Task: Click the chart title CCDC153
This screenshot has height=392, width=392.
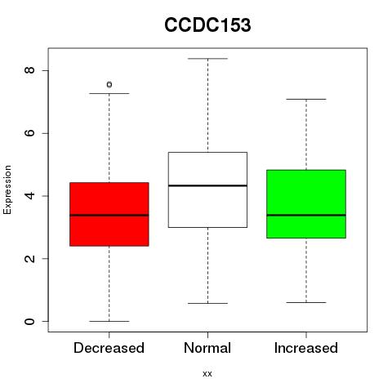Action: click(207, 25)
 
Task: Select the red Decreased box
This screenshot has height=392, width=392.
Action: click(109, 214)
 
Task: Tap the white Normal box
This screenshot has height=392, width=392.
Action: click(207, 189)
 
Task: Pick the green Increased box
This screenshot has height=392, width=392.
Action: click(306, 204)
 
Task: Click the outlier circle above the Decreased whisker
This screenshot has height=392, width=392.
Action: click(109, 85)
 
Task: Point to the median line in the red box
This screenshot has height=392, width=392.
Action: click(109, 215)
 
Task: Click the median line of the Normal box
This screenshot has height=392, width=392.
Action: click(207, 185)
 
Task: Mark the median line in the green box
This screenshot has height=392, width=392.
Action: click(306, 215)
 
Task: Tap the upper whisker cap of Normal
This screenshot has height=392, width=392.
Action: click(207, 59)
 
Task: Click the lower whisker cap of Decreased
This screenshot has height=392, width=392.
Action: click(109, 321)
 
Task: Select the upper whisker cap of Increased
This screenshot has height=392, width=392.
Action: click(306, 99)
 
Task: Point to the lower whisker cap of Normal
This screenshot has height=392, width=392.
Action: click(207, 303)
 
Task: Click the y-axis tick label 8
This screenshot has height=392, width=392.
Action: click(29, 70)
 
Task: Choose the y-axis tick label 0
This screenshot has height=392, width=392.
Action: click(29, 322)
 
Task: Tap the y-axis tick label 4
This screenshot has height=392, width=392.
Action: click(29, 196)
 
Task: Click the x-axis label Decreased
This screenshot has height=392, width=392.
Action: click(109, 348)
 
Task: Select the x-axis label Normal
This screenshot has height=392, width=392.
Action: click(207, 348)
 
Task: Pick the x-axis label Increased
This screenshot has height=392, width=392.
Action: click(306, 348)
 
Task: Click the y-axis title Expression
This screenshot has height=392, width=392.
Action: click(7, 189)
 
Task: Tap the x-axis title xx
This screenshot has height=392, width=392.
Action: click(207, 374)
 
